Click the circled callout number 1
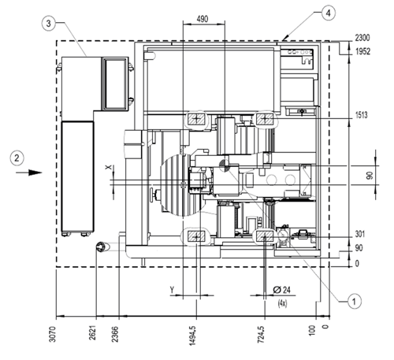pos(354,302)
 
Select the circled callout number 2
pos(17,158)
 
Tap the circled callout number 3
pos(49,24)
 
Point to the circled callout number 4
pos(329,13)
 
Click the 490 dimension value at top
pos(203,19)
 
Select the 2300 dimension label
pos(362,38)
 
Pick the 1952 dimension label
pos(362,51)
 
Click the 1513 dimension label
pos(362,115)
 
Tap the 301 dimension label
pos(359,234)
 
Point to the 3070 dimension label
pos(53,334)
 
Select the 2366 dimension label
pos(115,334)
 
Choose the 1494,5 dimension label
pos(192,335)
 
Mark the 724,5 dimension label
pos(261,334)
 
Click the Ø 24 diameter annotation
pos(282,290)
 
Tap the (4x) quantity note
pos(282,303)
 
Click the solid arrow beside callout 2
pos(29,173)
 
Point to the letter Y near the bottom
pos(172,290)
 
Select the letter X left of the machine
pos(108,167)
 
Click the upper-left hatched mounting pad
pos(196,119)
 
